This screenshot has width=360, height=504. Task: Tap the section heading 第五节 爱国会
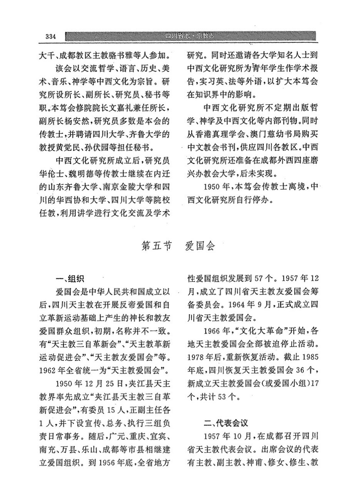tap(178, 246)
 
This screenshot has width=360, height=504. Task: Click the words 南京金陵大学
tap(122, 188)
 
